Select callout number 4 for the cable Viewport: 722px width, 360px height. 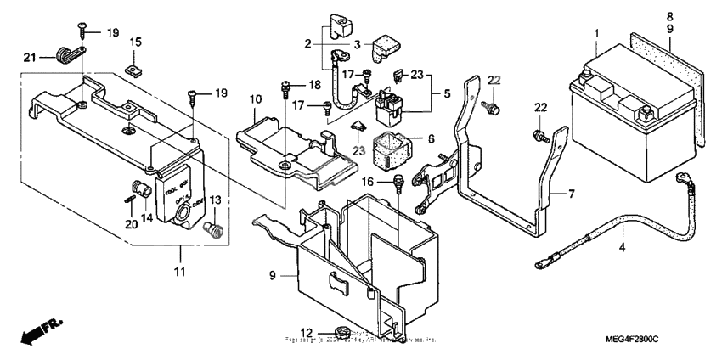click(x=622, y=247)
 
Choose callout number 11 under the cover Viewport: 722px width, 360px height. click(x=430, y=138)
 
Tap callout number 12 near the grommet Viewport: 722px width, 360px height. click(x=572, y=194)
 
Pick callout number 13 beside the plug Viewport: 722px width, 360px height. click(x=668, y=16)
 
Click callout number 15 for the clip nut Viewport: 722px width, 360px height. click(x=136, y=42)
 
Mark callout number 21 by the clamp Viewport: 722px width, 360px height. click(x=28, y=57)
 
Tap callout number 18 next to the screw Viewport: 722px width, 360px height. click(x=313, y=85)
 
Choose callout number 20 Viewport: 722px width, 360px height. click(x=130, y=224)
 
